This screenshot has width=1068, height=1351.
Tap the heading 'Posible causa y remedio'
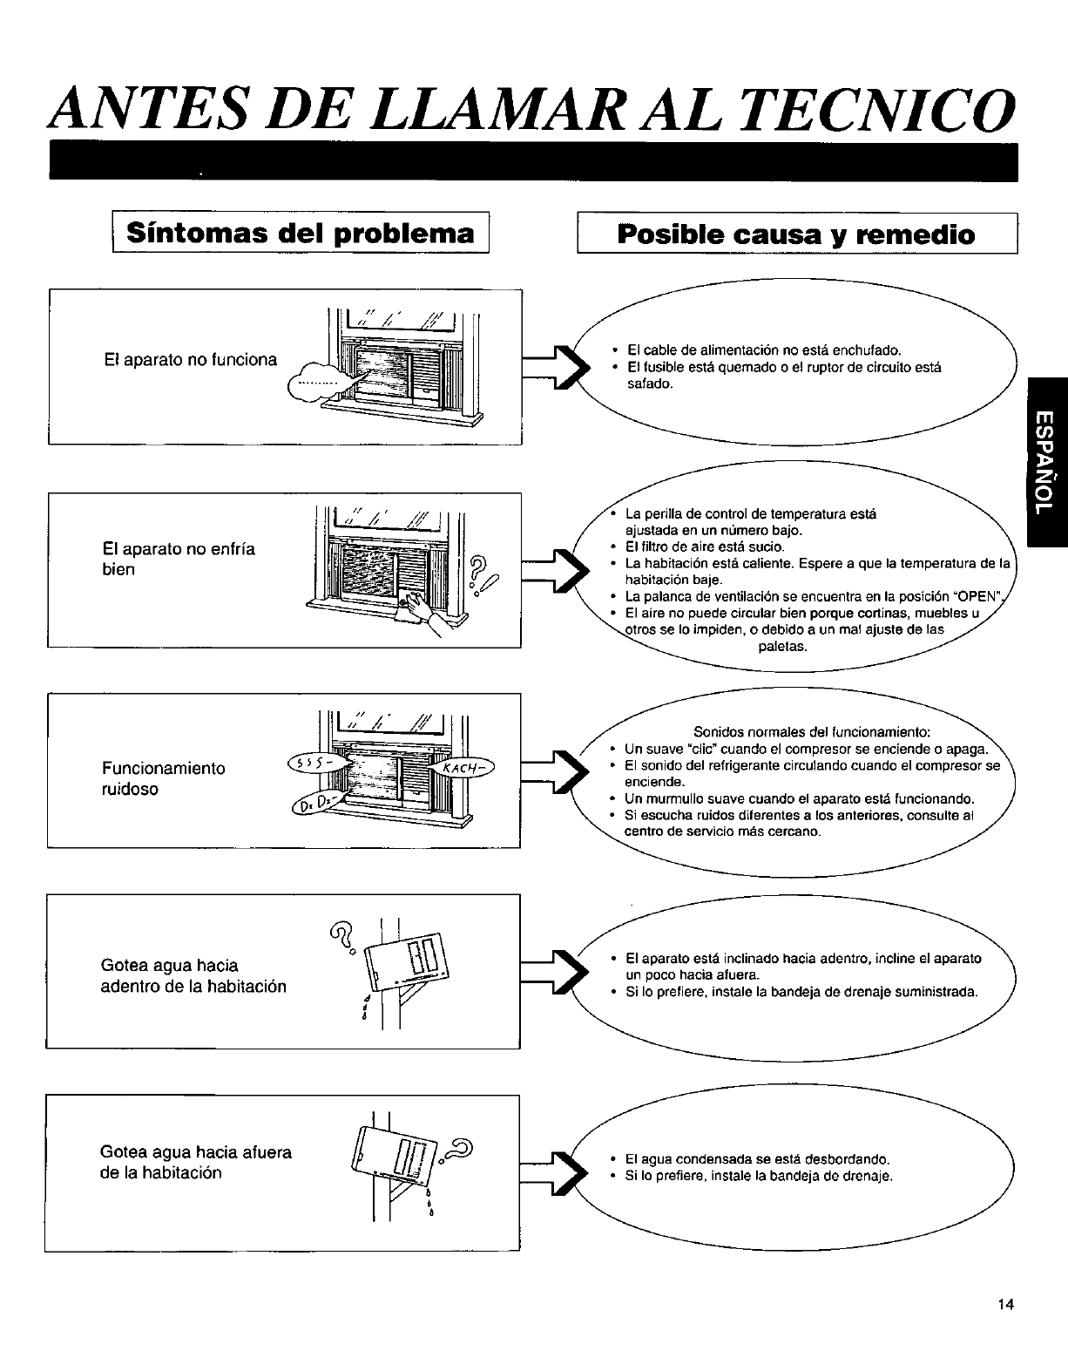point(795,234)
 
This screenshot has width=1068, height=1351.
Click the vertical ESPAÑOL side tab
point(1047,463)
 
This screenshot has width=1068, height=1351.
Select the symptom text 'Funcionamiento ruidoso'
point(163,778)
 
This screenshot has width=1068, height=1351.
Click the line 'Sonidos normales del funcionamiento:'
point(812,730)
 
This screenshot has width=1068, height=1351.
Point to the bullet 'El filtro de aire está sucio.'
point(705,547)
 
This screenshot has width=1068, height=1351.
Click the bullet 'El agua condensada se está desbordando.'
point(757,1159)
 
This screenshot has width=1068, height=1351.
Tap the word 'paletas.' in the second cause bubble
point(783,647)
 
